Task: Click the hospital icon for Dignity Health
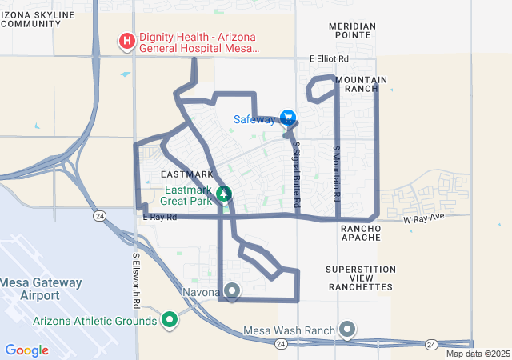(126, 40)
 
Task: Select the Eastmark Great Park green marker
(225, 194)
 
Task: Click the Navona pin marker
(232, 290)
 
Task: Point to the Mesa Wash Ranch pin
(347, 330)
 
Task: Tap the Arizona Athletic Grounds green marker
(169, 321)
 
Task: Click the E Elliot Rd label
(329, 59)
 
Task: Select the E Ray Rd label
(158, 217)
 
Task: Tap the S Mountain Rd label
(337, 173)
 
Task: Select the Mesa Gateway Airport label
(40, 288)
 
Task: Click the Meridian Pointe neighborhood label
(350, 30)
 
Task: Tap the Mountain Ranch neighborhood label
(361, 84)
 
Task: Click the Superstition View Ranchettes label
(360, 278)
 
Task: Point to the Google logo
(26, 350)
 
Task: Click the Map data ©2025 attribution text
(477, 354)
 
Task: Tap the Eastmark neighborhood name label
(187, 174)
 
